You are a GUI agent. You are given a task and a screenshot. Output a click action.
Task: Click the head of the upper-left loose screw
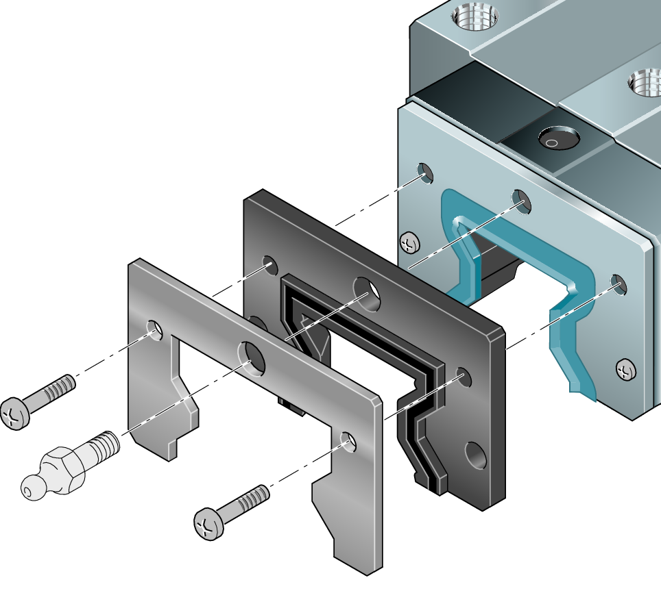16,413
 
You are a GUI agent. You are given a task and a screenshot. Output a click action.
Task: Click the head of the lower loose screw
209,524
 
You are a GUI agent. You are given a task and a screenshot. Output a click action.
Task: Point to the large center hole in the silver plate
252,357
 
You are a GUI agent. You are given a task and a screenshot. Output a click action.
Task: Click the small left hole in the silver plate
155,330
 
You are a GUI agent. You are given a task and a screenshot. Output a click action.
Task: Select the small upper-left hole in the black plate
269,264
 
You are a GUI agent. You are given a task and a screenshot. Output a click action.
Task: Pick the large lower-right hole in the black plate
474,455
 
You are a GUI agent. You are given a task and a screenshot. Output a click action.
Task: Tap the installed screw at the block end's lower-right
626,370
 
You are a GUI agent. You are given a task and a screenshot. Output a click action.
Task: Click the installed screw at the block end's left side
409,243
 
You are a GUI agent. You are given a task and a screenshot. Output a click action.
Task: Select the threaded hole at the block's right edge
645,84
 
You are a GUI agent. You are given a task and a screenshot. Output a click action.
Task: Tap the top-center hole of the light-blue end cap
522,200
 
